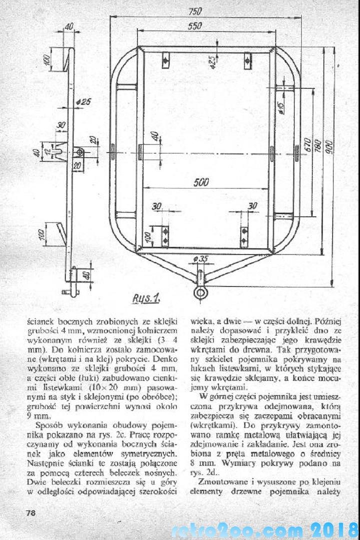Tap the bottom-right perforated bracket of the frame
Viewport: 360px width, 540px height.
[244, 235]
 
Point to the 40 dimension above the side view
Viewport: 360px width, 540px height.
[68, 26]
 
